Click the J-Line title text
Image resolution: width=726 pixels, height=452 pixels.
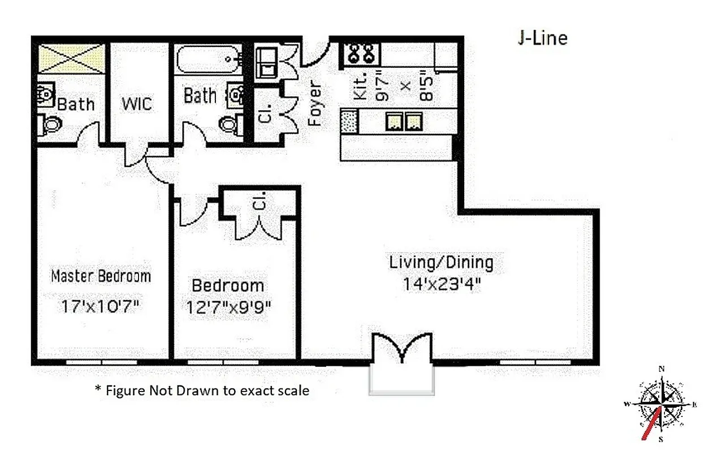(x=542, y=38)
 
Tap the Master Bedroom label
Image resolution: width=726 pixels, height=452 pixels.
(x=101, y=276)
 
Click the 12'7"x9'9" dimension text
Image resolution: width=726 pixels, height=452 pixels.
(x=228, y=307)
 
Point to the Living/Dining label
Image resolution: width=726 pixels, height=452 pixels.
(x=441, y=263)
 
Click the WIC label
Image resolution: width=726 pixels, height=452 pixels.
(x=136, y=105)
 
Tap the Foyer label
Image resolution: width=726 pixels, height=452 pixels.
(x=314, y=104)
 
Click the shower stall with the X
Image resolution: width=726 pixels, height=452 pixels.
(x=71, y=58)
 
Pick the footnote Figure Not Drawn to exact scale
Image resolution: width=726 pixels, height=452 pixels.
(x=202, y=390)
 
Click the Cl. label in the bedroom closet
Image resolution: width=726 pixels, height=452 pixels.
(x=261, y=203)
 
